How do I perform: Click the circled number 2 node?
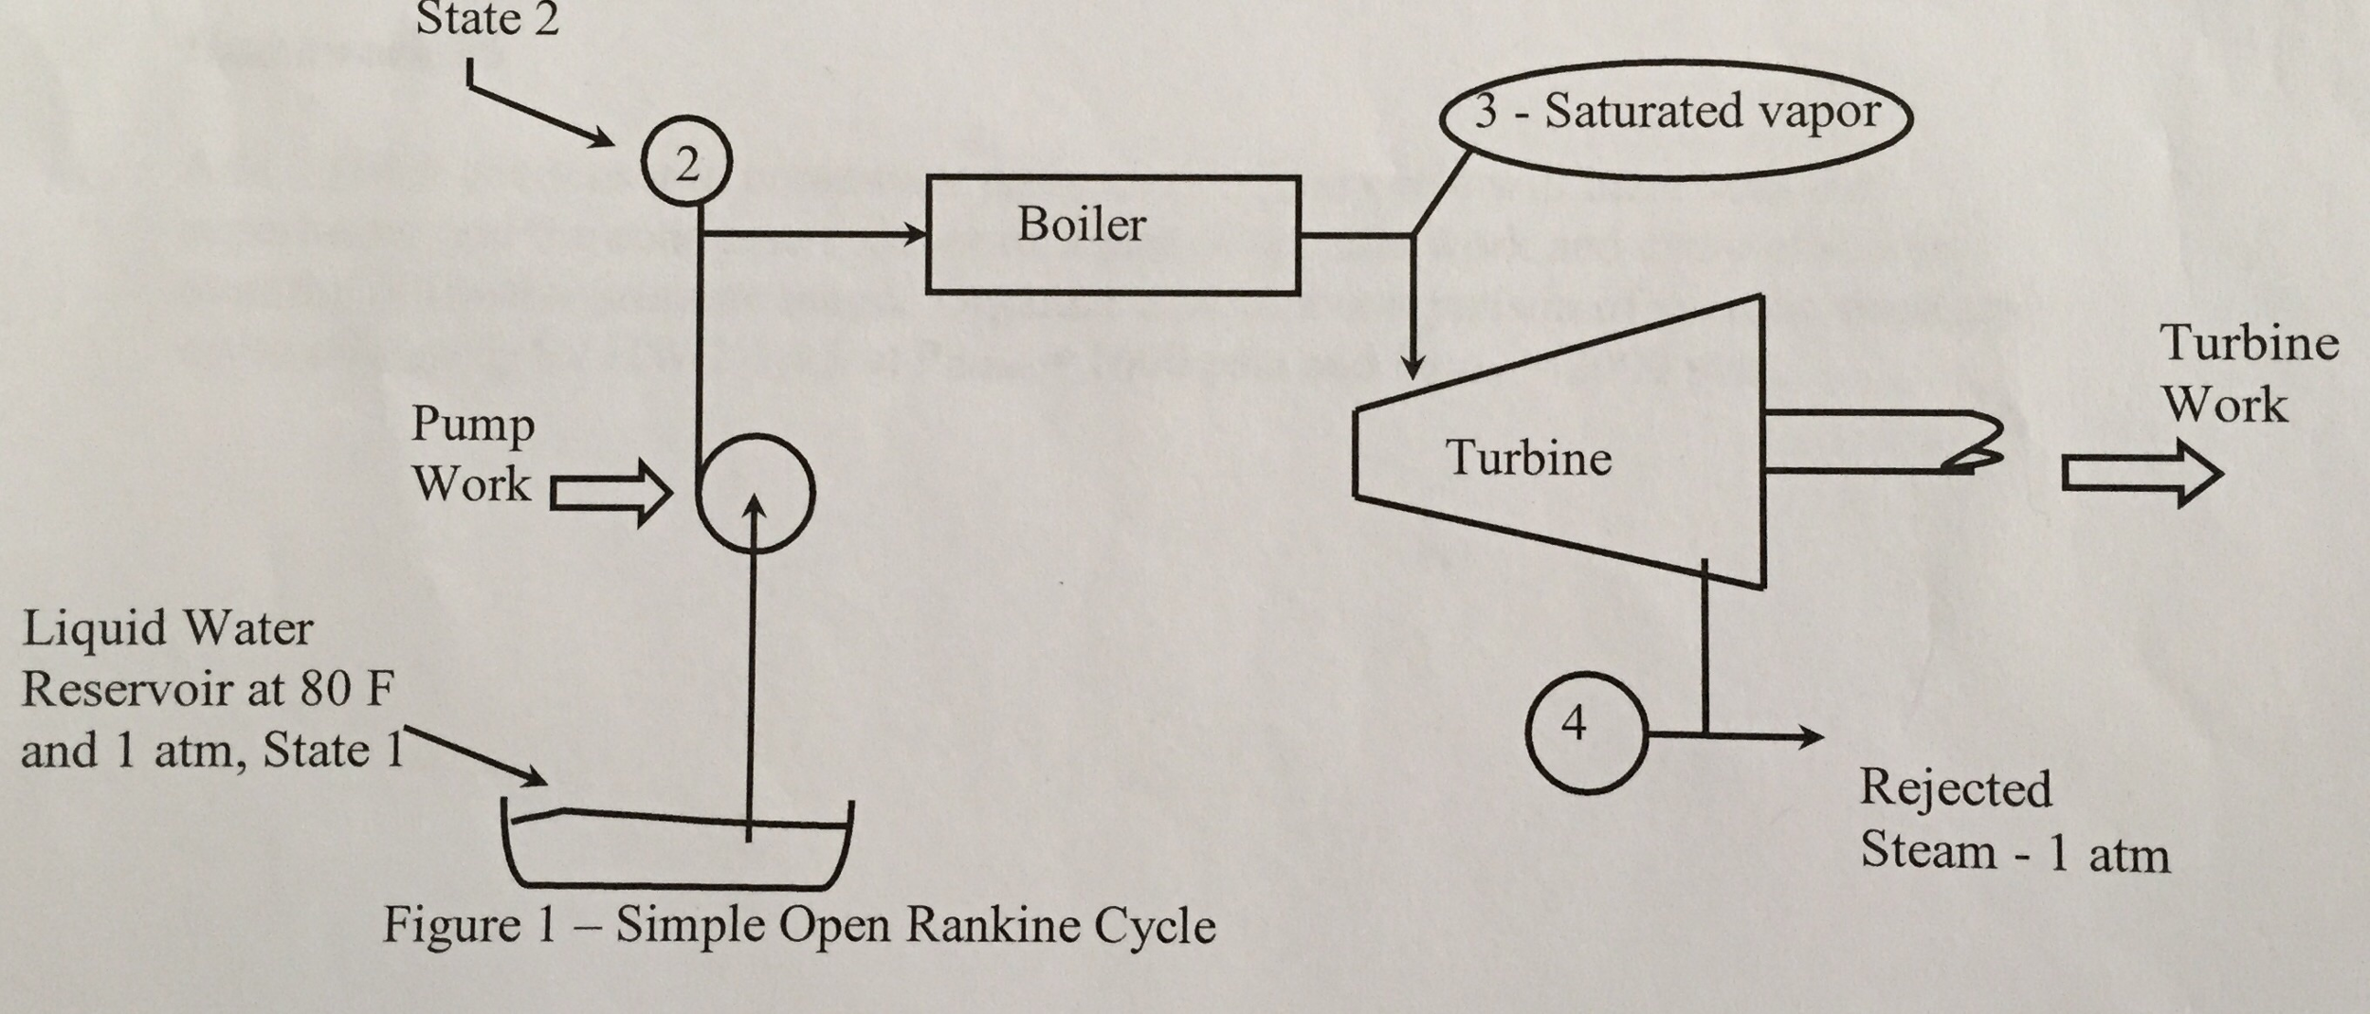coord(686,163)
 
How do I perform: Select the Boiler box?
coord(1112,233)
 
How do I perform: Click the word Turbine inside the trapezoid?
coord(1527,459)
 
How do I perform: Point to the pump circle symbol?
coord(756,493)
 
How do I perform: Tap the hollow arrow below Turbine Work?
coord(2141,474)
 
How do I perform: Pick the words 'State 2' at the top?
coord(486,19)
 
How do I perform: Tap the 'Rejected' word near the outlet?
coord(1955,789)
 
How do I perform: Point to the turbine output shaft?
coord(1882,442)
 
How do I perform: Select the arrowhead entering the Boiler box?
coord(915,233)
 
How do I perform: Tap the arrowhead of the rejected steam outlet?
coord(1810,735)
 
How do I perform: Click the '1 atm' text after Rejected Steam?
coord(2108,855)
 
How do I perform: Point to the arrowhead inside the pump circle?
coord(755,504)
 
